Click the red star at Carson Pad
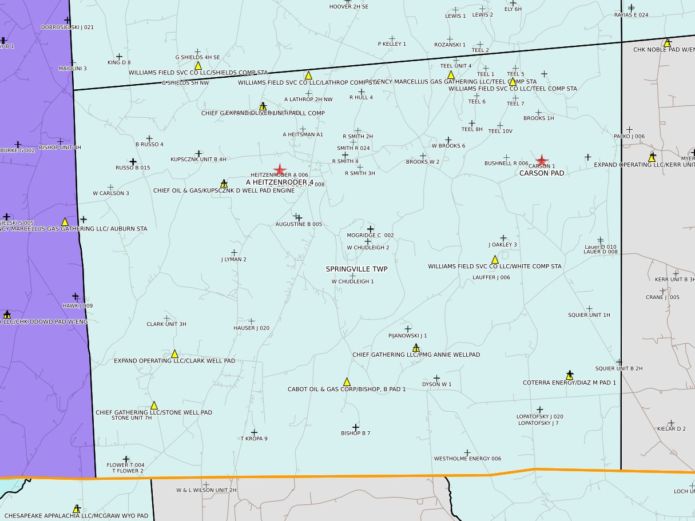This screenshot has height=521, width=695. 541,161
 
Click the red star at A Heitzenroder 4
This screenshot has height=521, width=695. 280,170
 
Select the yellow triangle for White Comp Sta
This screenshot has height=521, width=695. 495,260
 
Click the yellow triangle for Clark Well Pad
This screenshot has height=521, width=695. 174,354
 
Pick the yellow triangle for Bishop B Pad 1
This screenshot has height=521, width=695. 347,382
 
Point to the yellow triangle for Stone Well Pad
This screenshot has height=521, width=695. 154,405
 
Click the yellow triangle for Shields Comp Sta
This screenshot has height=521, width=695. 198,66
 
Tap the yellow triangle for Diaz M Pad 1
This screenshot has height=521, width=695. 569,375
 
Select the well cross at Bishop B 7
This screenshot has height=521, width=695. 355,427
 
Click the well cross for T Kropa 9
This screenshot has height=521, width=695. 254,433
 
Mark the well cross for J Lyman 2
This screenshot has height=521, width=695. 234,252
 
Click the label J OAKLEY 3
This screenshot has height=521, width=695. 503,245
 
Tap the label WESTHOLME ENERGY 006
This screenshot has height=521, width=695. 467,459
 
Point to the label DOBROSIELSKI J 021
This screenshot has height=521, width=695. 67,27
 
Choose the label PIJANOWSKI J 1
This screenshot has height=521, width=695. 407,336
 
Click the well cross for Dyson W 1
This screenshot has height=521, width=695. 436,378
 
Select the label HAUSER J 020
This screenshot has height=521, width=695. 251,328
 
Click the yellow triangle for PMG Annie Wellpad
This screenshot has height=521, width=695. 416,347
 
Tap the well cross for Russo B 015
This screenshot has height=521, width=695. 133,162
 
